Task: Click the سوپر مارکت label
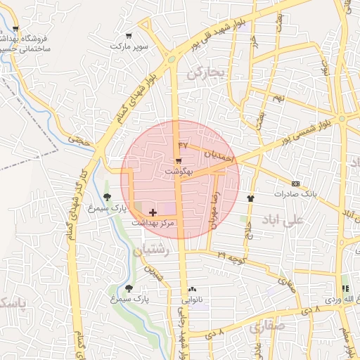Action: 128,46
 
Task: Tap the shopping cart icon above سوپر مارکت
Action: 128,35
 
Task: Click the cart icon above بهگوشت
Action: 179,161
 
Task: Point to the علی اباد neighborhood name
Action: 280,220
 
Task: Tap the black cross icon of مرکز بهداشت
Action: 153,212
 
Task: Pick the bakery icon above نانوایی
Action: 192,290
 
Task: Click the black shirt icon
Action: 251,198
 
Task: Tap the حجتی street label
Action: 83,141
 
